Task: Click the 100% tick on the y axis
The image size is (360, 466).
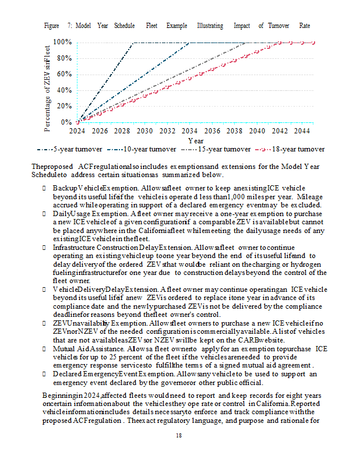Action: pos(62,43)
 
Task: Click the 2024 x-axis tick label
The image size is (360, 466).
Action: pos(77,132)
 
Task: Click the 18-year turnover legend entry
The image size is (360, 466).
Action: pos(291,149)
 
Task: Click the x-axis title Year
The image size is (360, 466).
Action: pos(196,141)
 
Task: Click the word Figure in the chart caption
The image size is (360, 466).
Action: pos(52,26)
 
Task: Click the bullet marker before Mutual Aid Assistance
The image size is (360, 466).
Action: pos(45,347)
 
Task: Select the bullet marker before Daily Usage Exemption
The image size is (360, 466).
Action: pos(45,214)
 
